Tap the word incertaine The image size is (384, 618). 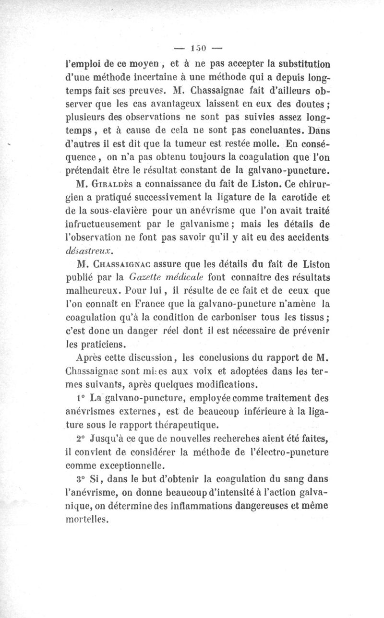pos(156,76)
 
